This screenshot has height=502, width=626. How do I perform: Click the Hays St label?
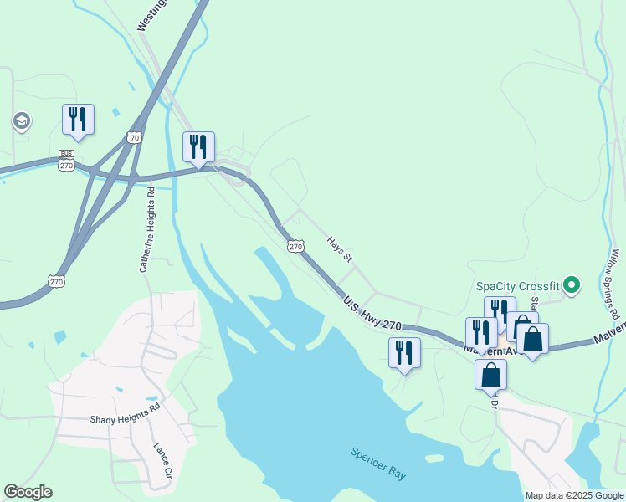pos(340,247)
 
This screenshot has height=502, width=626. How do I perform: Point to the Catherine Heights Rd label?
pos(147,229)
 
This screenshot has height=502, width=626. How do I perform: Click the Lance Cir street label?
pos(162,459)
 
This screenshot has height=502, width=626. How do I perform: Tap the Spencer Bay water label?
pos(378,464)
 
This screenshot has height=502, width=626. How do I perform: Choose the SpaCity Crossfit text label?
pos(518,285)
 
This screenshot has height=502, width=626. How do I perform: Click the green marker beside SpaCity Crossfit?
pos(572,286)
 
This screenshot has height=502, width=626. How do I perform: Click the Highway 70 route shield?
pos(135,137)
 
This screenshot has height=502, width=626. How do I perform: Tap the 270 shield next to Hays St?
pos(295,245)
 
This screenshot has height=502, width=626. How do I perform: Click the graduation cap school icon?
pos(21,122)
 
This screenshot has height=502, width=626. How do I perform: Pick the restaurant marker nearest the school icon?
pos(78,120)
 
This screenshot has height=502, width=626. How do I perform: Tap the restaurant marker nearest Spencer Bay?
pos(405,353)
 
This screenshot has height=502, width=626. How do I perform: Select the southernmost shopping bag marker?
pos(490,375)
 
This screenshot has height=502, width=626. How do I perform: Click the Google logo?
pos(28,492)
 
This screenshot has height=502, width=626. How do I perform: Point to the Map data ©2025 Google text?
pos(574,495)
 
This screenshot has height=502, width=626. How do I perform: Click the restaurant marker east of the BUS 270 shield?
pos(198,148)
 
